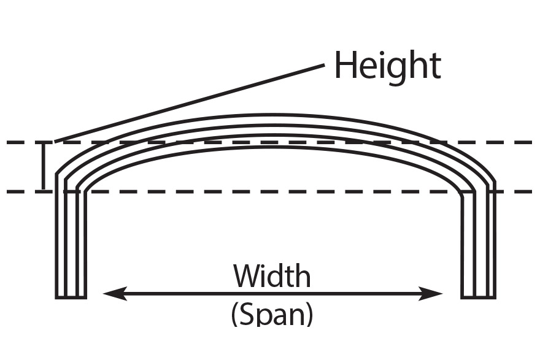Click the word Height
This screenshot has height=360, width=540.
coord(387,65)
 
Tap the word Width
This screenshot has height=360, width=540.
coord(272,277)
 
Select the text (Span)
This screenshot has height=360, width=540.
coord(272,313)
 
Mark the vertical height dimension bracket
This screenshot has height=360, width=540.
coord(43,166)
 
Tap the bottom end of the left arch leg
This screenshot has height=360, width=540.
coord(71,296)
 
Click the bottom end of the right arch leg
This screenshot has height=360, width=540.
coord(478,296)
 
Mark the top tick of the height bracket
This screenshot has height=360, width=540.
coord(43,143)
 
